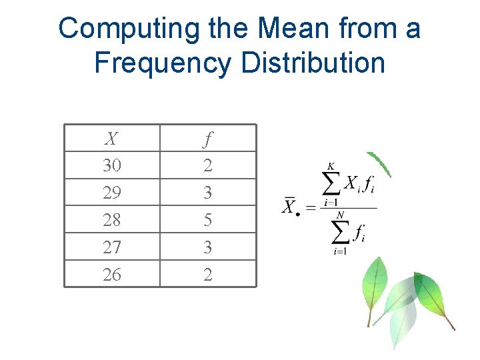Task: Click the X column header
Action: [x=112, y=139]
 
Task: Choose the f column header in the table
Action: [x=208, y=139]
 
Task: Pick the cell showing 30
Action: [x=112, y=165]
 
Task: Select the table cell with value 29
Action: [x=112, y=193]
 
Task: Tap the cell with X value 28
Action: [x=112, y=220]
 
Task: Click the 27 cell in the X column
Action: [x=112, y=247]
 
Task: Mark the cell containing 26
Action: [x=112, y=274]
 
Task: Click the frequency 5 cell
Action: [x=208, y=220]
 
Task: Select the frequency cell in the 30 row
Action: [x=208, y=165]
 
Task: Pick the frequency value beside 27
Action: [x=208, y=247]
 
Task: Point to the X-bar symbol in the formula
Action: [x=289, y=206]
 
